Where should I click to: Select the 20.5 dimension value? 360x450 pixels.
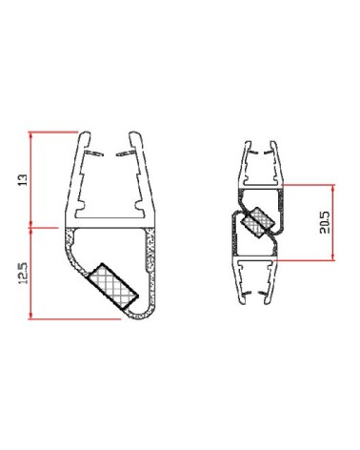(x=325, y=224)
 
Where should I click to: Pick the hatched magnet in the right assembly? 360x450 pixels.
(x=255, y=224)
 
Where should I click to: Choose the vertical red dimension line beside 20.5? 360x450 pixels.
(x=334, y=224)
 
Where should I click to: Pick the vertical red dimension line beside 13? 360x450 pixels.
(x=31, y=178)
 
